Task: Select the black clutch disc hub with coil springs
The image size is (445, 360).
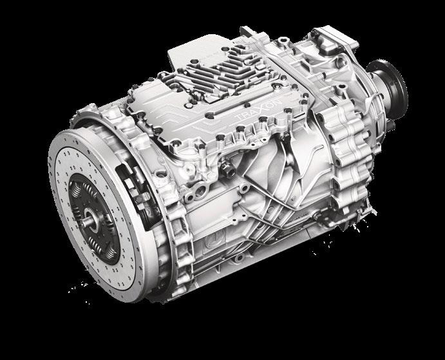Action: point(94,218)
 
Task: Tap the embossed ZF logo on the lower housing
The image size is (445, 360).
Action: point(215,237)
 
